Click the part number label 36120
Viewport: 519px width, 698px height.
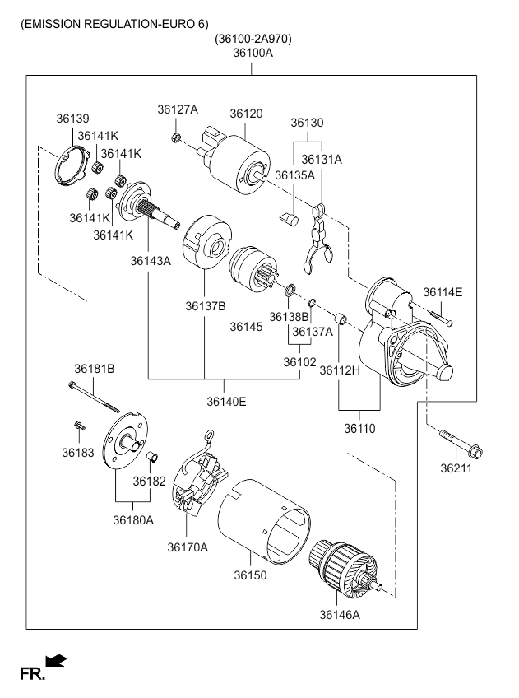tap(246, 113)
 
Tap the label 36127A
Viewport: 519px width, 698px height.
tap(178, 109)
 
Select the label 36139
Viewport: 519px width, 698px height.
tap(72, 119)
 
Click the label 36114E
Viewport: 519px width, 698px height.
tap(443, 292)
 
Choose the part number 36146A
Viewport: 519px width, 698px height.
tap(340, 613)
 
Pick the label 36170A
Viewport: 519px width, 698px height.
tap(188, 547)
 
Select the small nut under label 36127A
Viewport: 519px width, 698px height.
tap(176, 135)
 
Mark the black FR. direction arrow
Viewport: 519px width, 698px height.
tap(56, 659)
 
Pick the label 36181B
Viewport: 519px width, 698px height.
tap(95, 368)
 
